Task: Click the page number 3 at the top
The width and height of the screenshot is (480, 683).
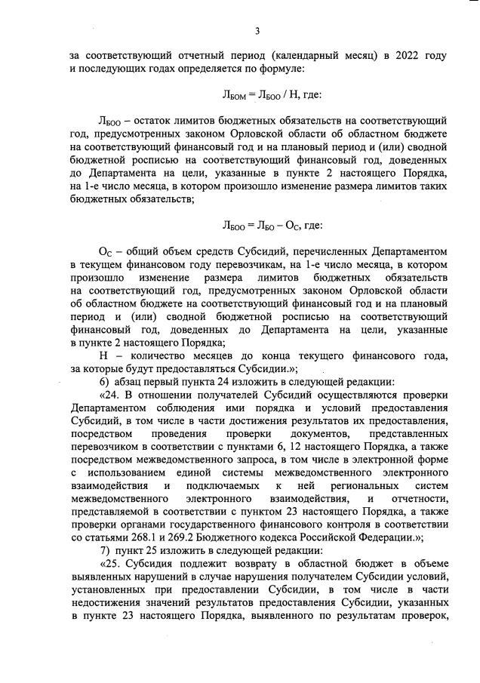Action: click(257, 31)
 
